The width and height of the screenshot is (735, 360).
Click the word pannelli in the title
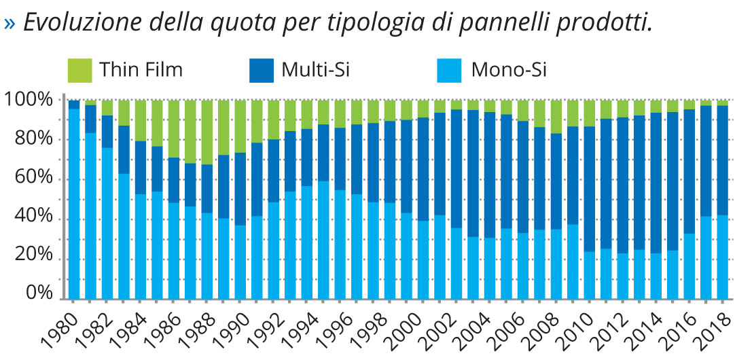pyautogui.click(x=477, y=22)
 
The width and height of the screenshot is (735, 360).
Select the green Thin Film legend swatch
pyautogui.click(x=80, y=70)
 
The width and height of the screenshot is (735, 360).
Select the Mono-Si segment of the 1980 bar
pyautogui.click(x=74, y=204)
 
